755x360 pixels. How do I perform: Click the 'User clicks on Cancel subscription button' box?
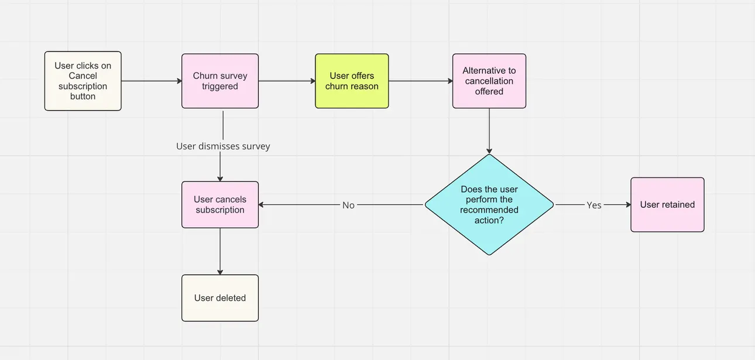[83, 81]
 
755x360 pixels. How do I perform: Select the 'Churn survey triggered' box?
[219, 81]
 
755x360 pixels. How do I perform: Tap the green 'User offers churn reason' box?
[352, 81]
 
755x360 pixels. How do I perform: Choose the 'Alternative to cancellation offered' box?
[489, 81]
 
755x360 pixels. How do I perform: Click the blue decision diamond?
[489, 205]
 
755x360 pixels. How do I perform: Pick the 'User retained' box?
[667, 205]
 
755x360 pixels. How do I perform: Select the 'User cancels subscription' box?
[219, 205]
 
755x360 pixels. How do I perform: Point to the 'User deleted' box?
[219, 298]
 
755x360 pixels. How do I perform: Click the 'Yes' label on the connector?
[593, 205]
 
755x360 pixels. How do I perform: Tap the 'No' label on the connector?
[348, 205]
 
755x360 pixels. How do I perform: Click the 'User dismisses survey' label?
[223, 146]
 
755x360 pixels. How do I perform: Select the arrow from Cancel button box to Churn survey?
[151, 81]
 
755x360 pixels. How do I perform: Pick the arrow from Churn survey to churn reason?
[286, 81]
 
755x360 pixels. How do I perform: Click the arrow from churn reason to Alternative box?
[420, 81]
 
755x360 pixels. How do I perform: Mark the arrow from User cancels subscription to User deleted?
[220, 251]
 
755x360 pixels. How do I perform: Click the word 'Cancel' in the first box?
[83, 76]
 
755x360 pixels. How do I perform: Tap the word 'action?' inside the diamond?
[489, 221]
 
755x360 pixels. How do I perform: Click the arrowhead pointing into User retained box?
[627, 205]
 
